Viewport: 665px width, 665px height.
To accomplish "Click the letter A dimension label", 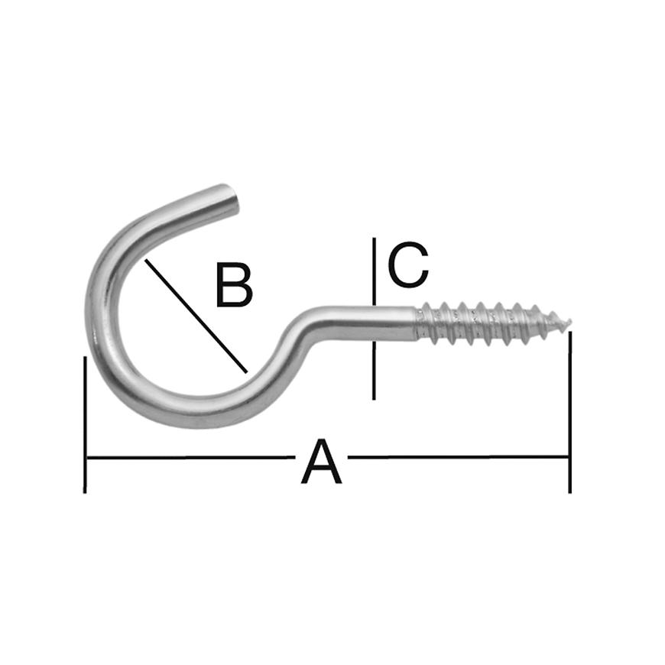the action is point(322,462).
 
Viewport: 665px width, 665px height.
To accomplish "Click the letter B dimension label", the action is point(234,284).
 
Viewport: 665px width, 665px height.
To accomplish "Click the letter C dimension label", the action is point(408,264).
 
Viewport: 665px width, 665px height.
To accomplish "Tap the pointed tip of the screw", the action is point(570,322).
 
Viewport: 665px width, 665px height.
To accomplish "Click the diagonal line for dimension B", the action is point(196,316).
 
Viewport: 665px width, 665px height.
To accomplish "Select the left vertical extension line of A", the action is point(86,424).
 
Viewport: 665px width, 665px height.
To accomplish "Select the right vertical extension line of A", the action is point(569,412).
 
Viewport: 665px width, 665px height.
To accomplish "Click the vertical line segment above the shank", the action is point(374,271).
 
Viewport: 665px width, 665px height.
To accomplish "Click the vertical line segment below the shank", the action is point(374,371).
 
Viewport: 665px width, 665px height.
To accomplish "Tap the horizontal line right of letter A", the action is point(458,457).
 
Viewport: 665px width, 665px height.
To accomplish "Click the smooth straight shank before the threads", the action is point(373,323).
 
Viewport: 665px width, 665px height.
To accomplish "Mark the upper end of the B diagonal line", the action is point(145,260).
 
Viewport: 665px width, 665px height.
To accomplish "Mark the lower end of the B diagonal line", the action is point(246,372).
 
